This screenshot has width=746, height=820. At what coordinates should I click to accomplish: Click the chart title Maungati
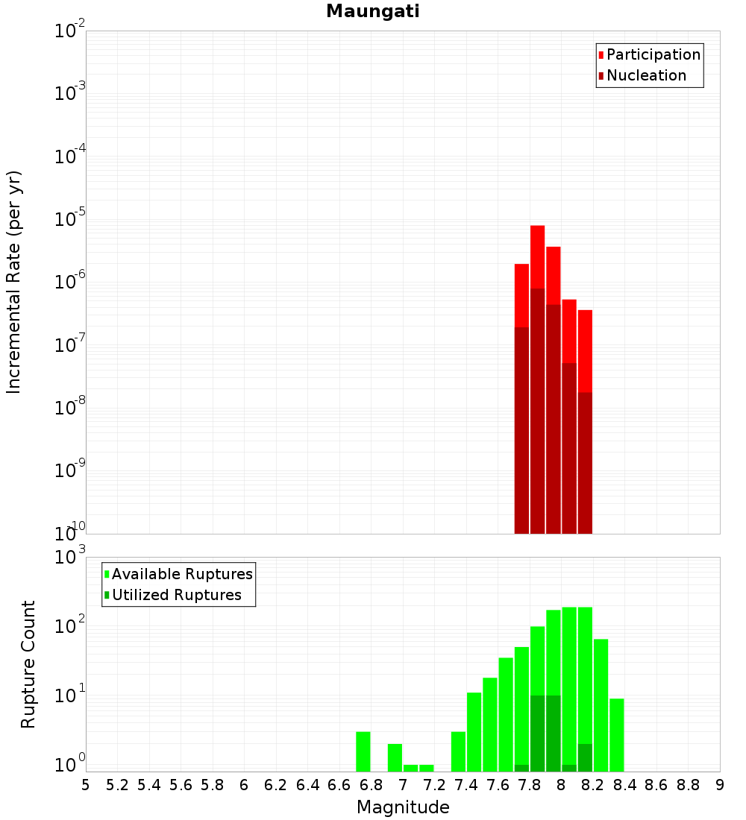pyautogui.click(x=372, y=11)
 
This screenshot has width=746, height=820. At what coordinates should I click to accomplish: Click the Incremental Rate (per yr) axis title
pyautogui.click(x=14, y=282)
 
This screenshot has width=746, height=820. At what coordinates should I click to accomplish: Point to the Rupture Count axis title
pyautogui.click(x=28, y=663)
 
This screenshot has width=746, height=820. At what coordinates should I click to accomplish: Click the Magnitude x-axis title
pyautogui.click(x=403, y=807)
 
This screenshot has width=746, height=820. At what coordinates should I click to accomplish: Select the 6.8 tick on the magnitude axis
pyautogui.click(x=371, y=785)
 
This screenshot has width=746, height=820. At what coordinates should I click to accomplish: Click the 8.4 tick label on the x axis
pyautogui.click(x=624, y=785)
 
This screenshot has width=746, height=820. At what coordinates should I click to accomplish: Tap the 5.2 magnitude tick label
pyautogui.click(x=117, y=785)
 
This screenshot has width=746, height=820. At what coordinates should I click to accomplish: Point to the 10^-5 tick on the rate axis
pyautogui.click(x=70, y=219)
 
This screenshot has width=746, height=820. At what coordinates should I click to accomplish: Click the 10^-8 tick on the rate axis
pyautogui.click(x=70, y=408)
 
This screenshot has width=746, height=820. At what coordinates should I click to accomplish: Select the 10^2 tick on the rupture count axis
pyautogui.click(x=72, y=627)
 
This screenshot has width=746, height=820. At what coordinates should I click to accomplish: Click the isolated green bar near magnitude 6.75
pyautogui.click(x=363, y=751)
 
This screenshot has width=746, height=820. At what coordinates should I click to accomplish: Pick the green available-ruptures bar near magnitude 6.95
pyautogui.click(x=395, y=757)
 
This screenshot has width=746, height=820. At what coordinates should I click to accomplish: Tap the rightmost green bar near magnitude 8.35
pyautogui.click(x=617, y=734)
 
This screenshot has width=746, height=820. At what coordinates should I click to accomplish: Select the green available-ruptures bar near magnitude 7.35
pyautogui.click(x=458, y=751)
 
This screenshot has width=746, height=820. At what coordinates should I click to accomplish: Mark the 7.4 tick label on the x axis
pyautogui.click(x=466, y=785)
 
